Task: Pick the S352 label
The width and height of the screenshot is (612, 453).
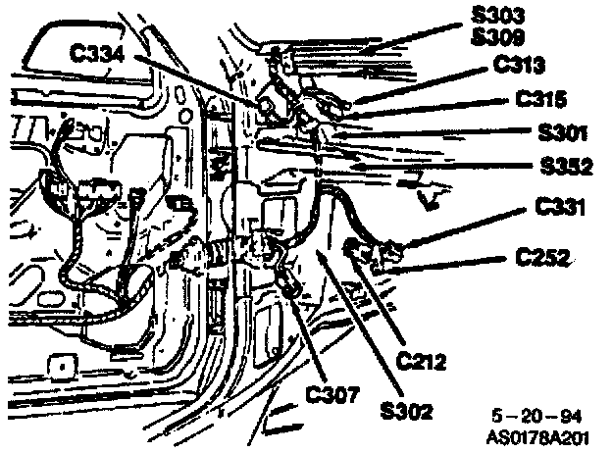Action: (x=565, y=167)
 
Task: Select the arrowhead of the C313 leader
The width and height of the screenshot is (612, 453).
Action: (x=342, y=101)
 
